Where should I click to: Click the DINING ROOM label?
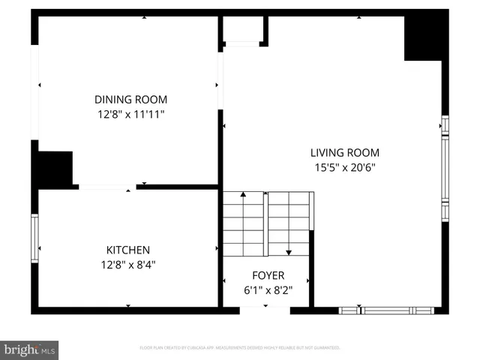[130, 99]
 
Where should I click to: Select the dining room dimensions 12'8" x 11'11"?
[130, 114]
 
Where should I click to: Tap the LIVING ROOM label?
[345, 152]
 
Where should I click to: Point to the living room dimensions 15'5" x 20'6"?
[345, 168]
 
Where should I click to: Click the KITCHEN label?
[127, 250]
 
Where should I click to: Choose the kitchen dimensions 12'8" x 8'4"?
[127, 264]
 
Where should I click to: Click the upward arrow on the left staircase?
[244, 196]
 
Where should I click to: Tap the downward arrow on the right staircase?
[289, 251]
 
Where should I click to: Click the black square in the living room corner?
[422, 37]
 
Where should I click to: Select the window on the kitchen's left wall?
[34, 238]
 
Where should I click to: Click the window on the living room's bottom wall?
[386, 310]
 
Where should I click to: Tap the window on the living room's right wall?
[445, 169]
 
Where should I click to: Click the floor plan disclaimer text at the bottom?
[240, 348]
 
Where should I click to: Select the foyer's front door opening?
[265, 310]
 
